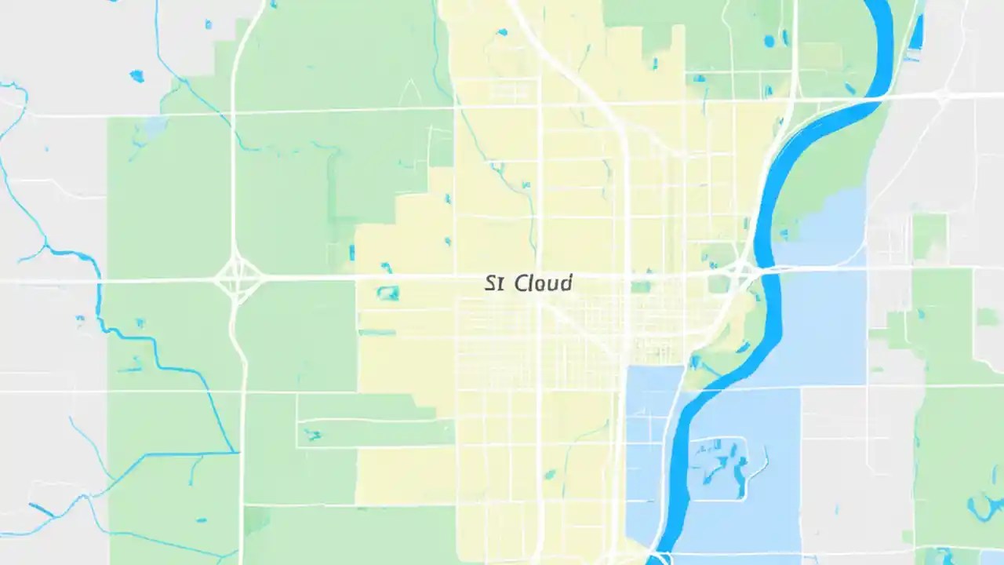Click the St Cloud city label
coord(528,282)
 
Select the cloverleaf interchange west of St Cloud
coord(238,278)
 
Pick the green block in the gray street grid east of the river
coord(929,235)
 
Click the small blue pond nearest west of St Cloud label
coord(387,293)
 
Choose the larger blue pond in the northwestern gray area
coord(137,76)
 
